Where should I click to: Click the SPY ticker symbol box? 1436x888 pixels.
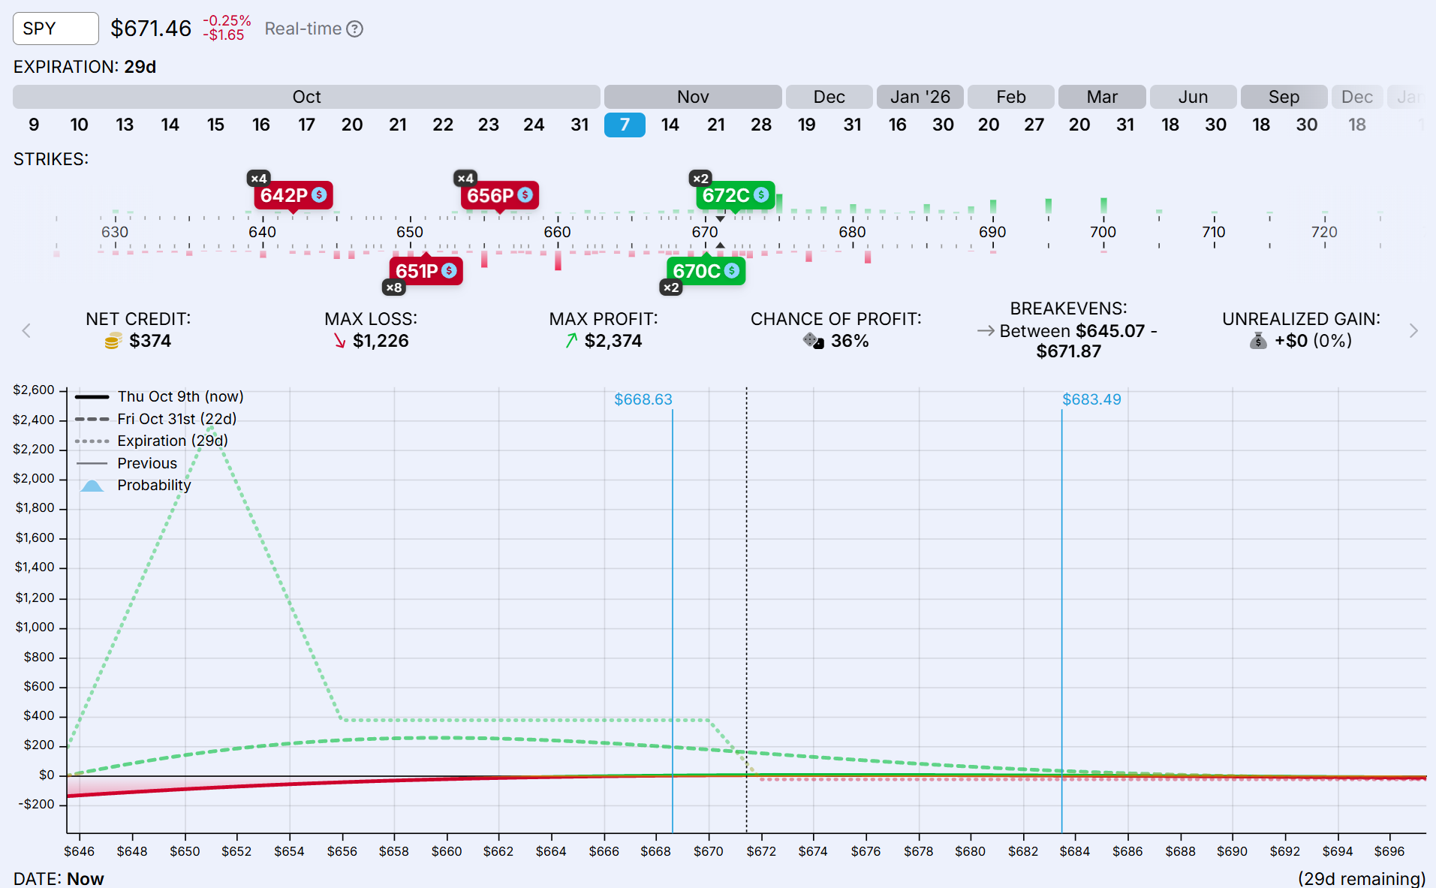tap(56, 29)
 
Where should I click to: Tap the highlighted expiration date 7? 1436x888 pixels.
tap(625, 125)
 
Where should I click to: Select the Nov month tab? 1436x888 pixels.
tap(692, 97)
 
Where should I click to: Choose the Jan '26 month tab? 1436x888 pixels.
tap(920, 97)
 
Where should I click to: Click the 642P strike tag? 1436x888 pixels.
tap(293, 195)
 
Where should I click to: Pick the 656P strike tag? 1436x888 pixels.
tap(499, 196)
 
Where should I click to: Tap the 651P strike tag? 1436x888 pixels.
tap(426, 271)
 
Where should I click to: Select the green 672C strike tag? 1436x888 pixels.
tap(735, 195)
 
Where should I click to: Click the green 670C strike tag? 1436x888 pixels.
tap(705, 271)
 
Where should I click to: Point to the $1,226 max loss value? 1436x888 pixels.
tap(381, 341)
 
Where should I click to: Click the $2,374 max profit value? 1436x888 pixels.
tap(613, 341)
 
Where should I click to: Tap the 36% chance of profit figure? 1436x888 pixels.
tap(849, 341)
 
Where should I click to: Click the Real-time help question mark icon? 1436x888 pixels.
tap(355, 29)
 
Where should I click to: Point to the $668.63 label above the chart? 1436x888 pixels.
tap(643, 399)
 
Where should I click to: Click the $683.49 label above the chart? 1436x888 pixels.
tap(1091, 399)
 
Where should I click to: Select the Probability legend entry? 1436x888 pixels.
tap(153, 485)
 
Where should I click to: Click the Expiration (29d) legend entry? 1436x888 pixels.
tap(172, 441)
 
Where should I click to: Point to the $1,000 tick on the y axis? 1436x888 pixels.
tap(35, 627)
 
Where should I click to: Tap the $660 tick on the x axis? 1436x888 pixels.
tap(447, 851)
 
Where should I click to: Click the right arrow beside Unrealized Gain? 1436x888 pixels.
tap(1413, 331)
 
